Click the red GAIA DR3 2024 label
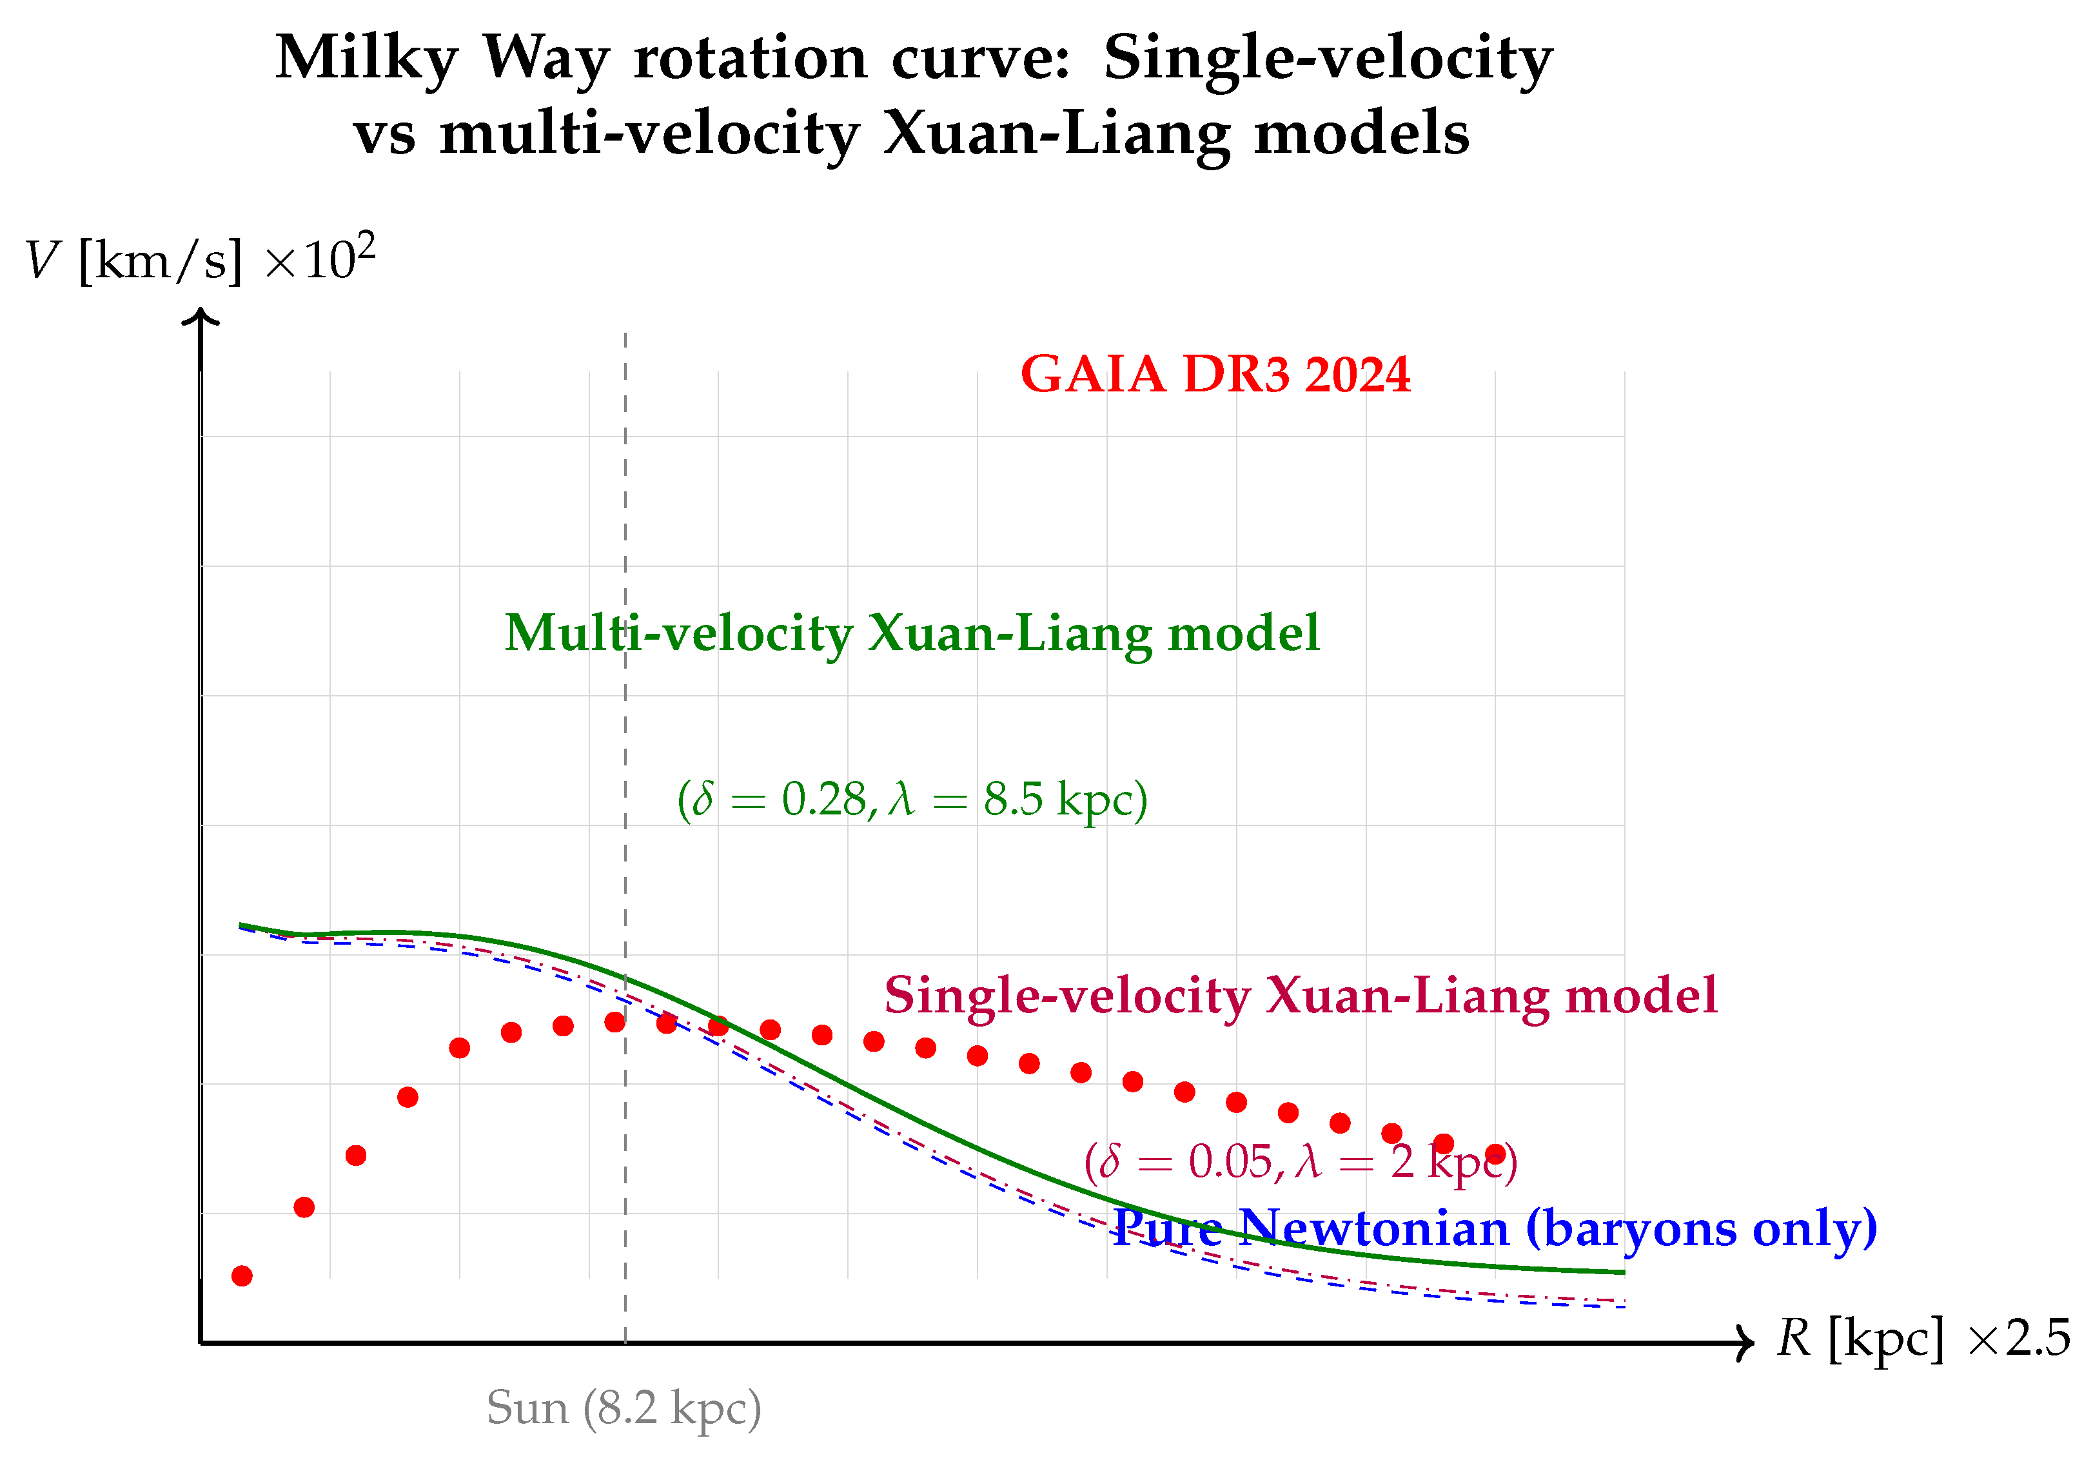tap(1215, 375)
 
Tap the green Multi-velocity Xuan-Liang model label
tap(912, 634)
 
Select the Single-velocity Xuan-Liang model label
tap(1301, 996)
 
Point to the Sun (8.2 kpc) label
tap(624, 1409)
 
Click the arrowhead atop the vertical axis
tap(201, 317)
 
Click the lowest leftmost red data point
tap(242, 1276)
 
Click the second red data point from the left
tap(304, 1208)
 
